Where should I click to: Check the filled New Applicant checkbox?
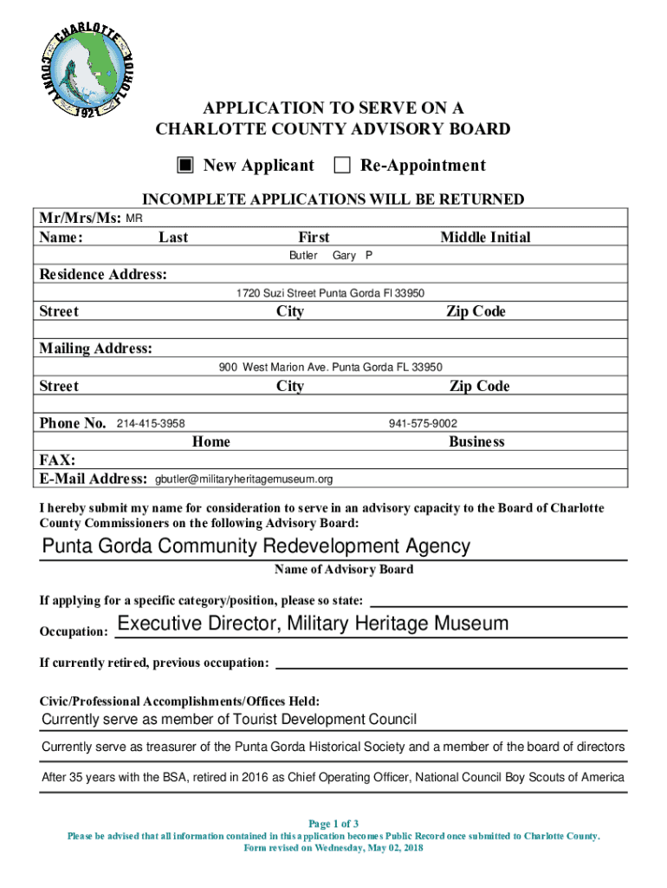(186, 166)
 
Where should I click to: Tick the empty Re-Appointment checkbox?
(342, 166)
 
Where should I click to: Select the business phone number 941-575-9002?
(423, 423)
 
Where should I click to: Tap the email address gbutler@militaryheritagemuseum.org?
(243, 479)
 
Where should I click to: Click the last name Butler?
(303, 256)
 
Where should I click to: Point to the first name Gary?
(344, 256)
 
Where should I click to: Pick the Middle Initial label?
(485, 237)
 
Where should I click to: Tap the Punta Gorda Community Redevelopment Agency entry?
(256, 546)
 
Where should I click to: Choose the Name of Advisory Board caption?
(344, 570)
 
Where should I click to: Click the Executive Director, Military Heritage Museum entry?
(313, 624)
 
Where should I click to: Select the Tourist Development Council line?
(230, 719)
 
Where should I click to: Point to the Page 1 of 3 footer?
(333, 823)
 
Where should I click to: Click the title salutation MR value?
(134, 218)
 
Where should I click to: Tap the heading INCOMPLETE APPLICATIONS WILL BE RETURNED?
(333, 199)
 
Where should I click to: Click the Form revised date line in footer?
(333, 848)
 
